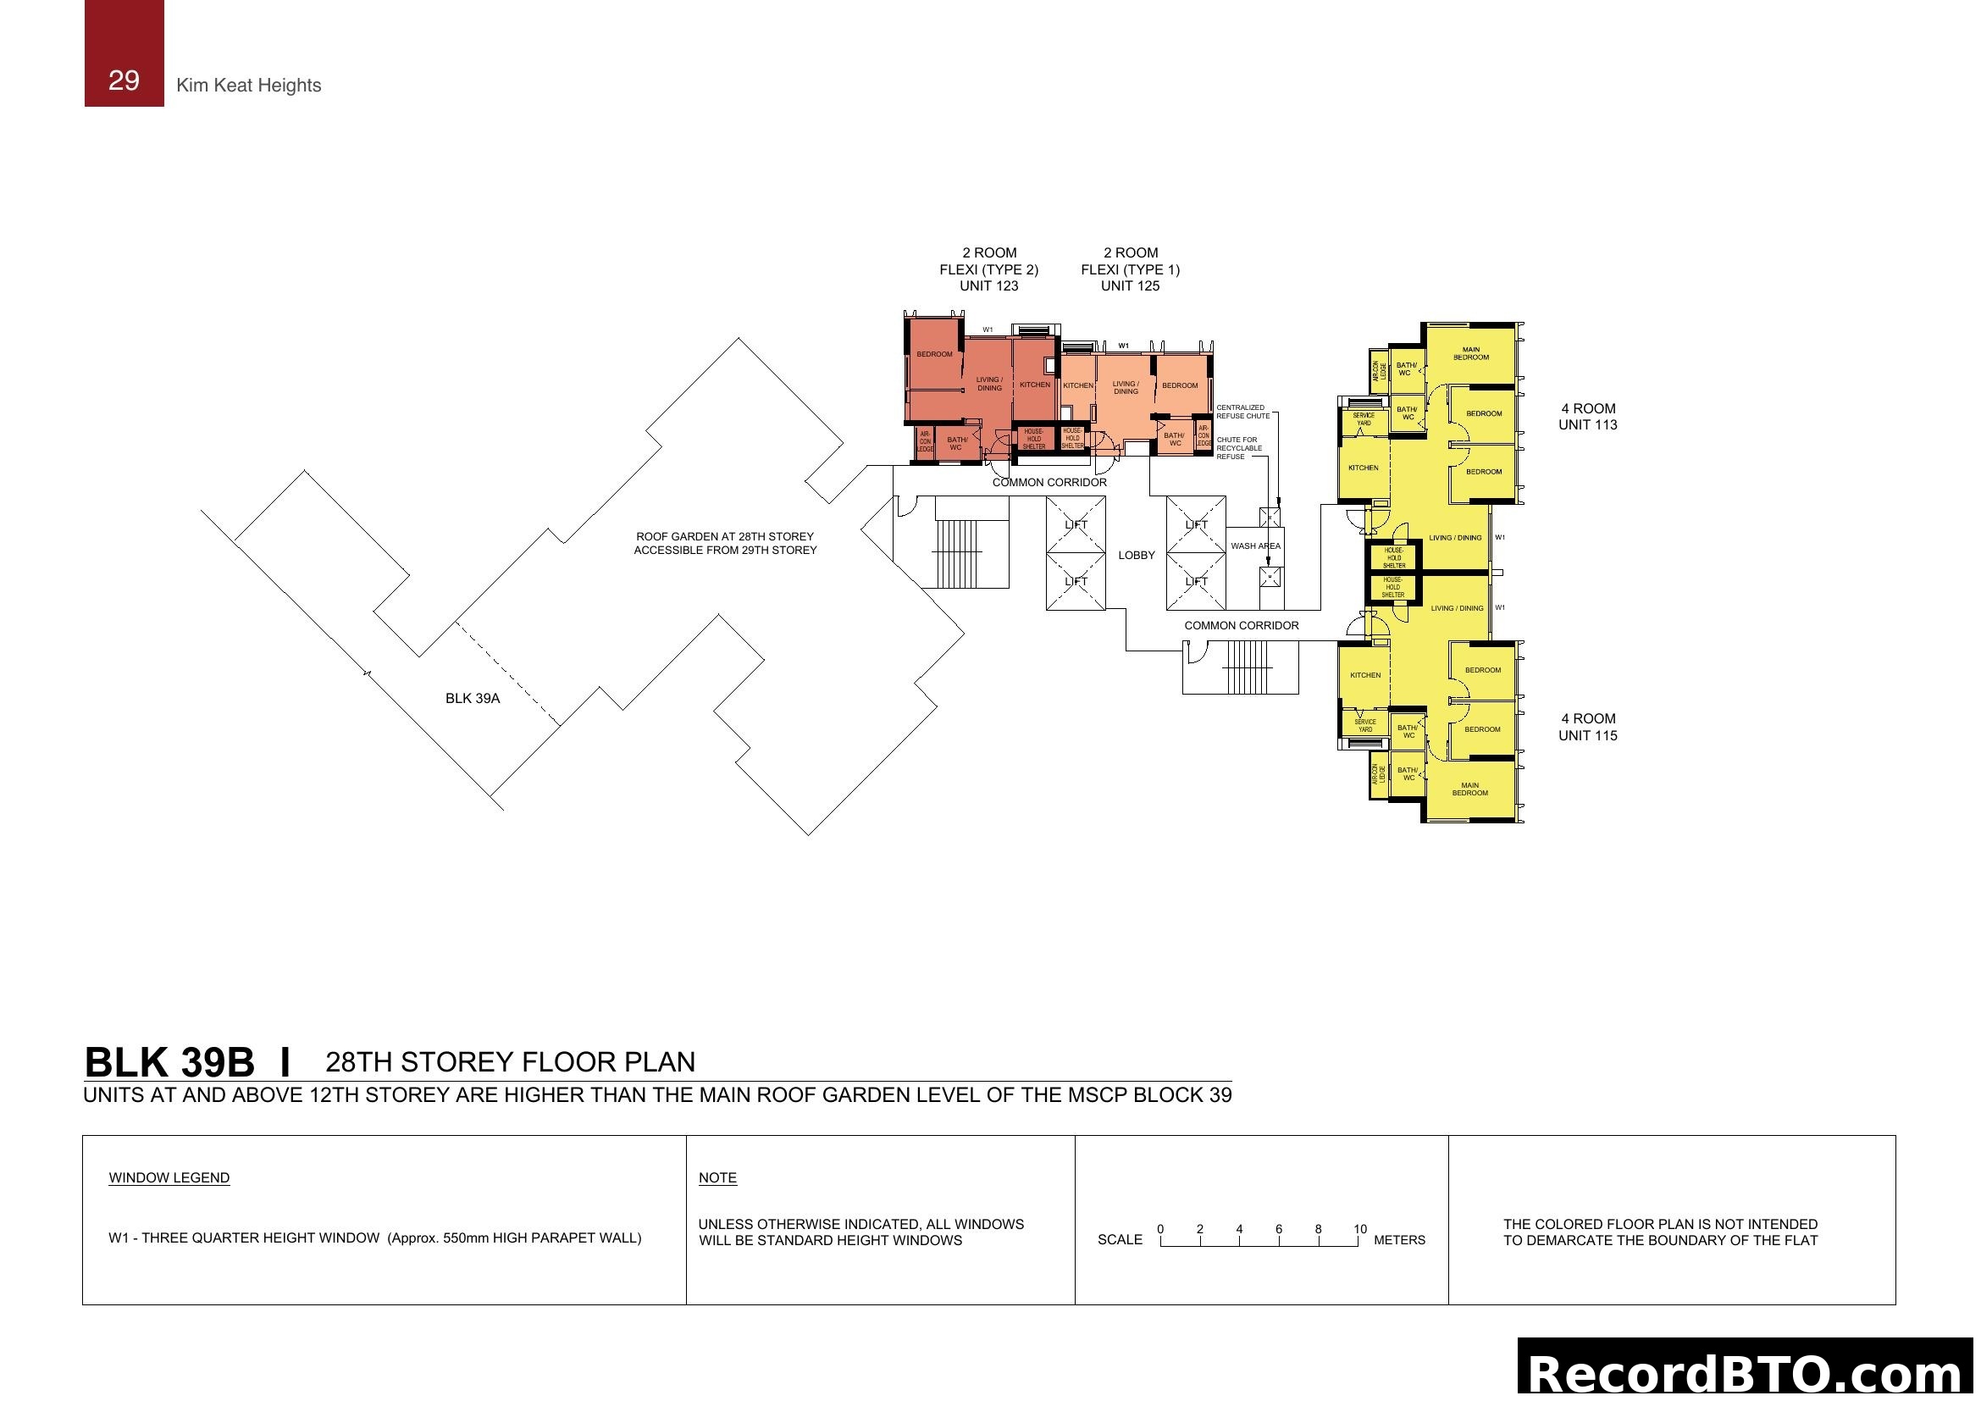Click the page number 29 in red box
click(x=124, y=80)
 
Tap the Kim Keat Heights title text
click(x=248, y=86)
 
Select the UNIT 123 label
click(x=988, y=285)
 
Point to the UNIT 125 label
click(x=1130, y=285)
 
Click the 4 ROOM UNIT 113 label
click(x=1587, y=417)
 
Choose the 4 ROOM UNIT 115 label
click(x=1587, y=728)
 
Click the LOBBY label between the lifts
click(x=1137, y=556)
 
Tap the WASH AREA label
click(x=1255, y=546)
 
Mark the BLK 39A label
click(x=472, y=699)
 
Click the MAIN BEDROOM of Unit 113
click(x=1471, y=354)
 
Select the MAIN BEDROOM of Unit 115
click(x=1469, y=789)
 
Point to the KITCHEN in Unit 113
click(x=1364, y=468)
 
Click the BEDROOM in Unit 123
click(x=934, y=355)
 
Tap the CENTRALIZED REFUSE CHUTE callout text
click(x=1242, y=412)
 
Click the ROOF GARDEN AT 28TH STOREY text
click(x=725, y=536)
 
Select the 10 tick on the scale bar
click(x=1360, y=1229)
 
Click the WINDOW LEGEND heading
click(x=169, y=1178)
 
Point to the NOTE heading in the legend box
click(x=717, y=1178)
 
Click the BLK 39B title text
click(x=169, y=1063)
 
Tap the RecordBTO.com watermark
click(x=1747, y=1371)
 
